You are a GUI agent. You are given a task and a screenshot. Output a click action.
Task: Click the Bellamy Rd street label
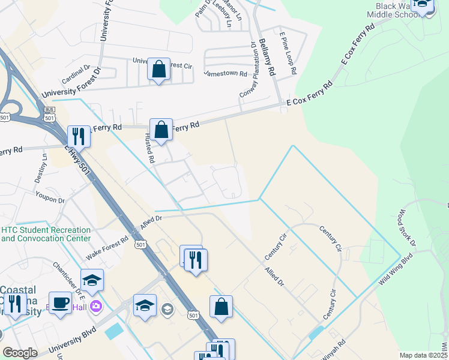pyautogui.click(x=267, y=58)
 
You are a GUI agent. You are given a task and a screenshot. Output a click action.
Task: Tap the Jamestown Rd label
pyautogui.click(x=226, y=73)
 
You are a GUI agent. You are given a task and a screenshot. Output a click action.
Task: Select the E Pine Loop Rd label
pyautogui.click(x=287, y=52)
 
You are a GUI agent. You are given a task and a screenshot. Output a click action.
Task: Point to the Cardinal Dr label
pyautogui.click(x=74, y=75)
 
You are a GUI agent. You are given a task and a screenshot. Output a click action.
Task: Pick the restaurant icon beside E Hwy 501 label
pyautogui.click(x=79, y=136)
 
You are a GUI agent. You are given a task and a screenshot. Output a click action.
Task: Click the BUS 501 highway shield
pyautogui.click(x=49, y=110)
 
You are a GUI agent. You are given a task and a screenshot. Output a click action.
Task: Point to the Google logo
pyautogui.click(x=20, y=353)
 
